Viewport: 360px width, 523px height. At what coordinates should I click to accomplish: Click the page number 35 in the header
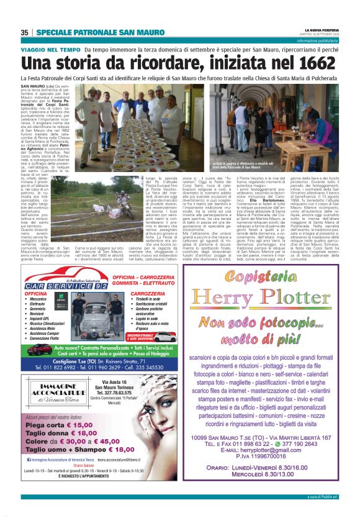tap(25, 32)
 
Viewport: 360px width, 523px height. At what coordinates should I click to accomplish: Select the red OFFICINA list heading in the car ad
tap(35, 293)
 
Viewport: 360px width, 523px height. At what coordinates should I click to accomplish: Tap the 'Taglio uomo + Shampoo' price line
tap(79, 449)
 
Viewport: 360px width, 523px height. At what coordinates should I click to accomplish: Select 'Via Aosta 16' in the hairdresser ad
tap(113, 383)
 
